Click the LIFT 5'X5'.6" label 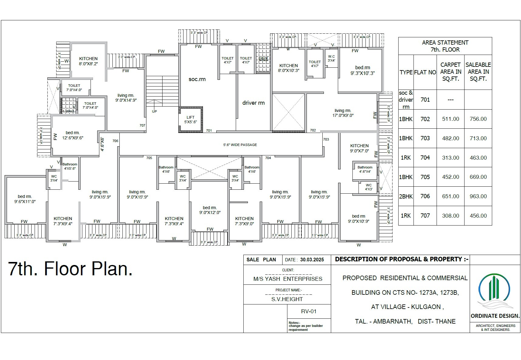tap(190, 120)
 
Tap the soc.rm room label tap(197, 79)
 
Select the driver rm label tap(253, 103)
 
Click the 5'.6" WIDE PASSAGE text tap(240, 145)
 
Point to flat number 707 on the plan tap(142, 125)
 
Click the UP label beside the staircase tap(154, 111)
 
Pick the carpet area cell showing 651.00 tap(451, 196)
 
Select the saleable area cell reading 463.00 tap(478, 158)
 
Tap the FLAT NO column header tap(425, 72)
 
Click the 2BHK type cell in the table tap(406, 196)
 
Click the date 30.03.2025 tap(312, 260)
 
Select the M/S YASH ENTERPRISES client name tap(288, 279)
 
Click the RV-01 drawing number tap(309, 311)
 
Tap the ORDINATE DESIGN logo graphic tap(494, 291)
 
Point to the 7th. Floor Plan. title tap(70, 269)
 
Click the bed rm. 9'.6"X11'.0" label tap(25, 199)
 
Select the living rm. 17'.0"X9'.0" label tap(343, 113)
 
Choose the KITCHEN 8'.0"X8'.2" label tap(88, 61)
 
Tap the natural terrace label tap(263, 59)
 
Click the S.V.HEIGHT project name tap(287, 299)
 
